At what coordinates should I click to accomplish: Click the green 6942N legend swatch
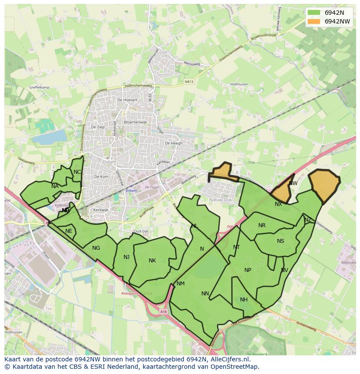point(313,13)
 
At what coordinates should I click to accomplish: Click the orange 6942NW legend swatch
point(313,21)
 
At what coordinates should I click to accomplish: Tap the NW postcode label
point(293,183)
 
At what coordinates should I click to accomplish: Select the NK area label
point(152,261)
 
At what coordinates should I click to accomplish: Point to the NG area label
point(96,248)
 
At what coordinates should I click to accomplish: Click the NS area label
point(280,241)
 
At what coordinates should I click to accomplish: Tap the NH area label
point(243,300)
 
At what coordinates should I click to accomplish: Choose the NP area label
point(248,270)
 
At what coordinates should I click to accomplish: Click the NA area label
point(55,186)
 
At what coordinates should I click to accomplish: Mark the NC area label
point(77,172)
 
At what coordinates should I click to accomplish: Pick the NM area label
point(180,284)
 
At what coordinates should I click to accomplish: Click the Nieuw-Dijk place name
point(222,200)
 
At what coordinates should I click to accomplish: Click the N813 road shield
point(189,81)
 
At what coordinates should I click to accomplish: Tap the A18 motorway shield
point(163,311)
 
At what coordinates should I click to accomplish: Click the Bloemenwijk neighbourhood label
point(135,122)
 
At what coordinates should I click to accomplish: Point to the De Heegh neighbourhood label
point(173,143)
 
